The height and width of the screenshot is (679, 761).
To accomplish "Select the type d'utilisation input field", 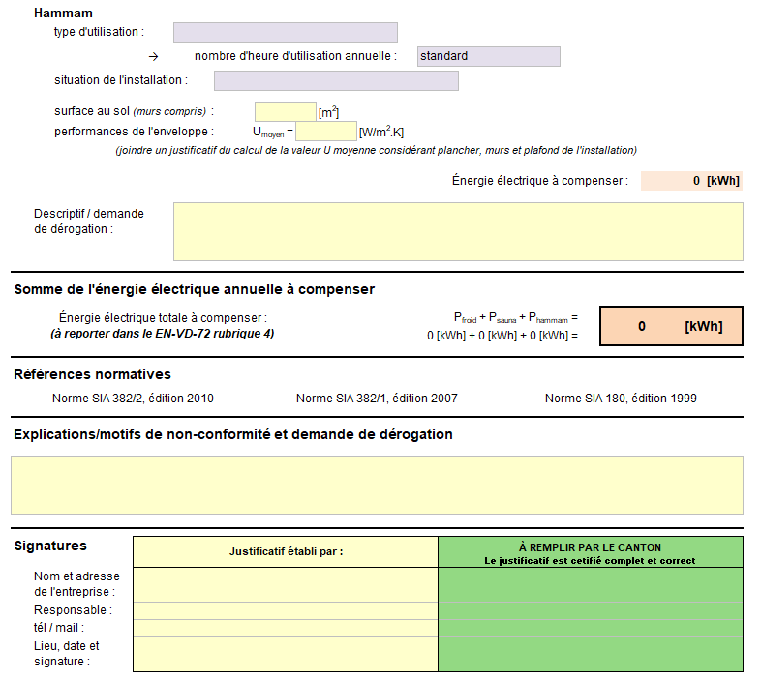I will coord(285,33).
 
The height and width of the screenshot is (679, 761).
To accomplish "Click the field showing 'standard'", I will coord(488,56).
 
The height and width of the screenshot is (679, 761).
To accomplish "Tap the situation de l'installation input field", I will coord(335,80).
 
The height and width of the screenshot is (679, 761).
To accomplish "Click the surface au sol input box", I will coord(285,111).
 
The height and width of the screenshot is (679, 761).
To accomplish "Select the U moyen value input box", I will coord(325,132).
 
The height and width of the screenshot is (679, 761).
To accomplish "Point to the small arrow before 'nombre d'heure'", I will coord(152,57).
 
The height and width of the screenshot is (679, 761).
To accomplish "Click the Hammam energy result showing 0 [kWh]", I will coord(691,181).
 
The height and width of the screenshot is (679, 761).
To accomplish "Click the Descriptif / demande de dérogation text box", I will coord(457,231).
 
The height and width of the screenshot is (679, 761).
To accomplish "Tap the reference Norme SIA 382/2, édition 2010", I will coord(133,399).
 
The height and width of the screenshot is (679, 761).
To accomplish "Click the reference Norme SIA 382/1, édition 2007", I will coord(377,399).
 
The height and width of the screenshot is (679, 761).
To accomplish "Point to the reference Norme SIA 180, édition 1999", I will coord(621,399).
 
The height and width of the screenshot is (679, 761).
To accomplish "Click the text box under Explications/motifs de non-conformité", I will coord(377,485).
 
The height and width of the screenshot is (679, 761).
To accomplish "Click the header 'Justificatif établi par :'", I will coord(286,552).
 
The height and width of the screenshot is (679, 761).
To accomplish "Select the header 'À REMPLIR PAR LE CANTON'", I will coord(590,547).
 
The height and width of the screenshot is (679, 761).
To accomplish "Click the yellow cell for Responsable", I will coord(286,610).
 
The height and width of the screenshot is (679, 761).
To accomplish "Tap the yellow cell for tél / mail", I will coord(286,628).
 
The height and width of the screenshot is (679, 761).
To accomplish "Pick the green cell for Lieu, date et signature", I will coord(590,654).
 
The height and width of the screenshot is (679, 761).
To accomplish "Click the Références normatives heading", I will coord(92,374).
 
